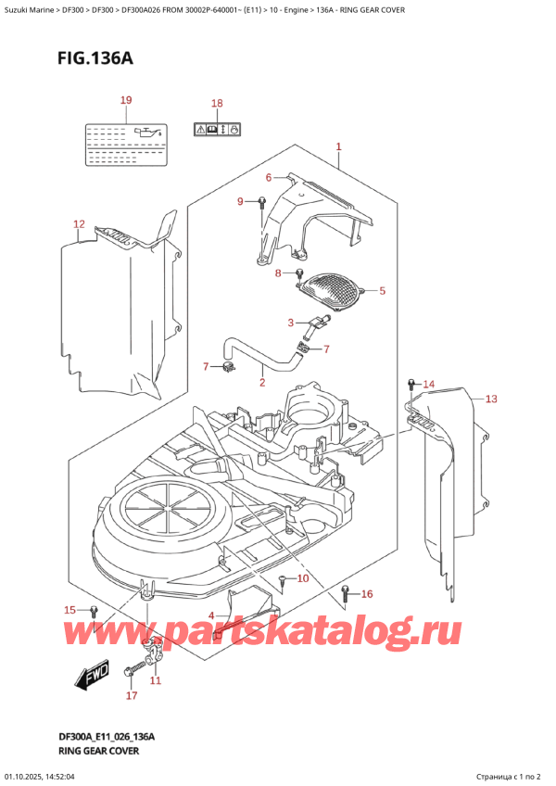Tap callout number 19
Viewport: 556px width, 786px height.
(126, 100)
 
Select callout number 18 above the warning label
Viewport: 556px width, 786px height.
(217, 104)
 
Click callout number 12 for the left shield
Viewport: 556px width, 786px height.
(79, 223)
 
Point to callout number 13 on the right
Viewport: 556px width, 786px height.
(491, 399)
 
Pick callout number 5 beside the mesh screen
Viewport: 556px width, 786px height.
(269, 177)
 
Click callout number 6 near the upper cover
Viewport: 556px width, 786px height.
(269, 177)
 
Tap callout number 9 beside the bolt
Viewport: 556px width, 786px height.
(240, 201)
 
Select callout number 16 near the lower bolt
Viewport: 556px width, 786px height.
(367, 594)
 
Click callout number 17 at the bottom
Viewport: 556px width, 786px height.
(131, 695)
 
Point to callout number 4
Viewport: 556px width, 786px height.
(212, 615)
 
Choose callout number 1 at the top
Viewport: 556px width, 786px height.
(339, 146)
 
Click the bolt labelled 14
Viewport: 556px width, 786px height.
(410, 385)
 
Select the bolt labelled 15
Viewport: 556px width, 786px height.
(94, 611)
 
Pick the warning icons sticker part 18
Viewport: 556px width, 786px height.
(218, 129)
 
